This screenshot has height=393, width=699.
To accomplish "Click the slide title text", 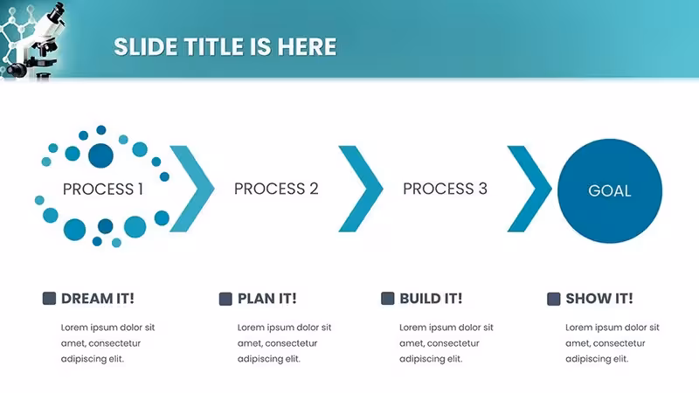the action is click(225, 47).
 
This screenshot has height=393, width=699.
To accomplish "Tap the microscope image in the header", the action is click(33, 40).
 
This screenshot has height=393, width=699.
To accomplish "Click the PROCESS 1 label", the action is click(103, 189).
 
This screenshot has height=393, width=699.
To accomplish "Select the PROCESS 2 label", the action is click(276, 189).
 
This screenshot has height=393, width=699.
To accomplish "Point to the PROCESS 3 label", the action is click(445, 189).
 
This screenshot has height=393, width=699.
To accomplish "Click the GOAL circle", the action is click(609, 190).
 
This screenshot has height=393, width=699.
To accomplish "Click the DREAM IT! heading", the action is click(98, 299).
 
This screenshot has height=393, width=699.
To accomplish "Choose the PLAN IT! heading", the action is click(267, 299).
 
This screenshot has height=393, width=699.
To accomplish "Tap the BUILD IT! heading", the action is click(431, 299).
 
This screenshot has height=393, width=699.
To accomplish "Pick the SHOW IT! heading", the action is click(599, 299).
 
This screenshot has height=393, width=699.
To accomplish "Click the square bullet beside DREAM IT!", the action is click(49, 299).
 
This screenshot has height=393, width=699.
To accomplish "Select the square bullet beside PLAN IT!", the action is click(225, 299).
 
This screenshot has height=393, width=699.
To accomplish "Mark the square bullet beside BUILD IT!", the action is click(388, 299).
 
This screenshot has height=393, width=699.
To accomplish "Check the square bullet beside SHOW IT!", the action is click(554, 299).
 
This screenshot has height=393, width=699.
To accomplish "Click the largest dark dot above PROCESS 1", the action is click(100, 155).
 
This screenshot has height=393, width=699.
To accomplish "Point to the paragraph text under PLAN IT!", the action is click(285, 343).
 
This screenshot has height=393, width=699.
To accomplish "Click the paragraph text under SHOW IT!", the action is click(612, 343).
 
